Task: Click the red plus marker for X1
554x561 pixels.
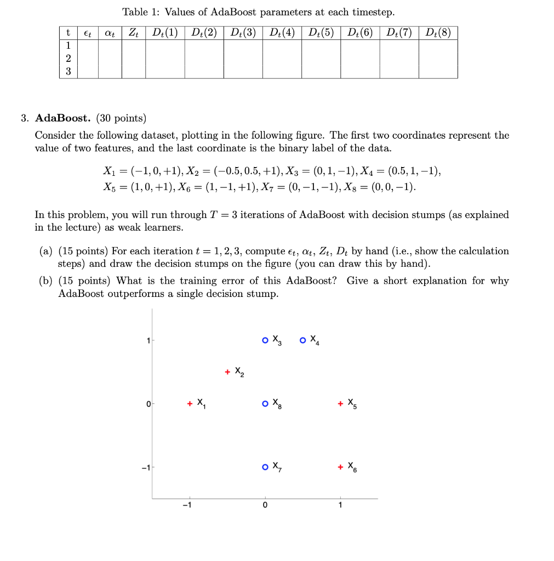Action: [x=190, y=404]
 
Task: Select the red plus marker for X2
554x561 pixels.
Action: [x=227, y=373]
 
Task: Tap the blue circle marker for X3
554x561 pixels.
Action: [x=265, y=340]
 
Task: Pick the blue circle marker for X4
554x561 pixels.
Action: [x=303, y=340]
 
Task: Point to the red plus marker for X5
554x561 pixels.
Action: [x=340, y=404]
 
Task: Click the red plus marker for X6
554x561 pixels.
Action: [x=340, y=467]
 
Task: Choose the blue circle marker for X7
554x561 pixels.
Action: [x=265, y=467]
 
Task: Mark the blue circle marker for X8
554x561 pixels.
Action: [x=265, y=404]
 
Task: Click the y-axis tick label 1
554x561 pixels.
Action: [x=147, y=341]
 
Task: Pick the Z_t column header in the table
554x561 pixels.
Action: [x=133, y=32]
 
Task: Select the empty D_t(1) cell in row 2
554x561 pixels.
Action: [x=165, y=59]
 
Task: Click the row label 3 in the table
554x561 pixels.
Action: [x=67, y=71]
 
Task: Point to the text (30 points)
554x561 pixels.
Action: [x=121, y=118]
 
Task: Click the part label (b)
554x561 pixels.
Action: [x=47, y=281]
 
